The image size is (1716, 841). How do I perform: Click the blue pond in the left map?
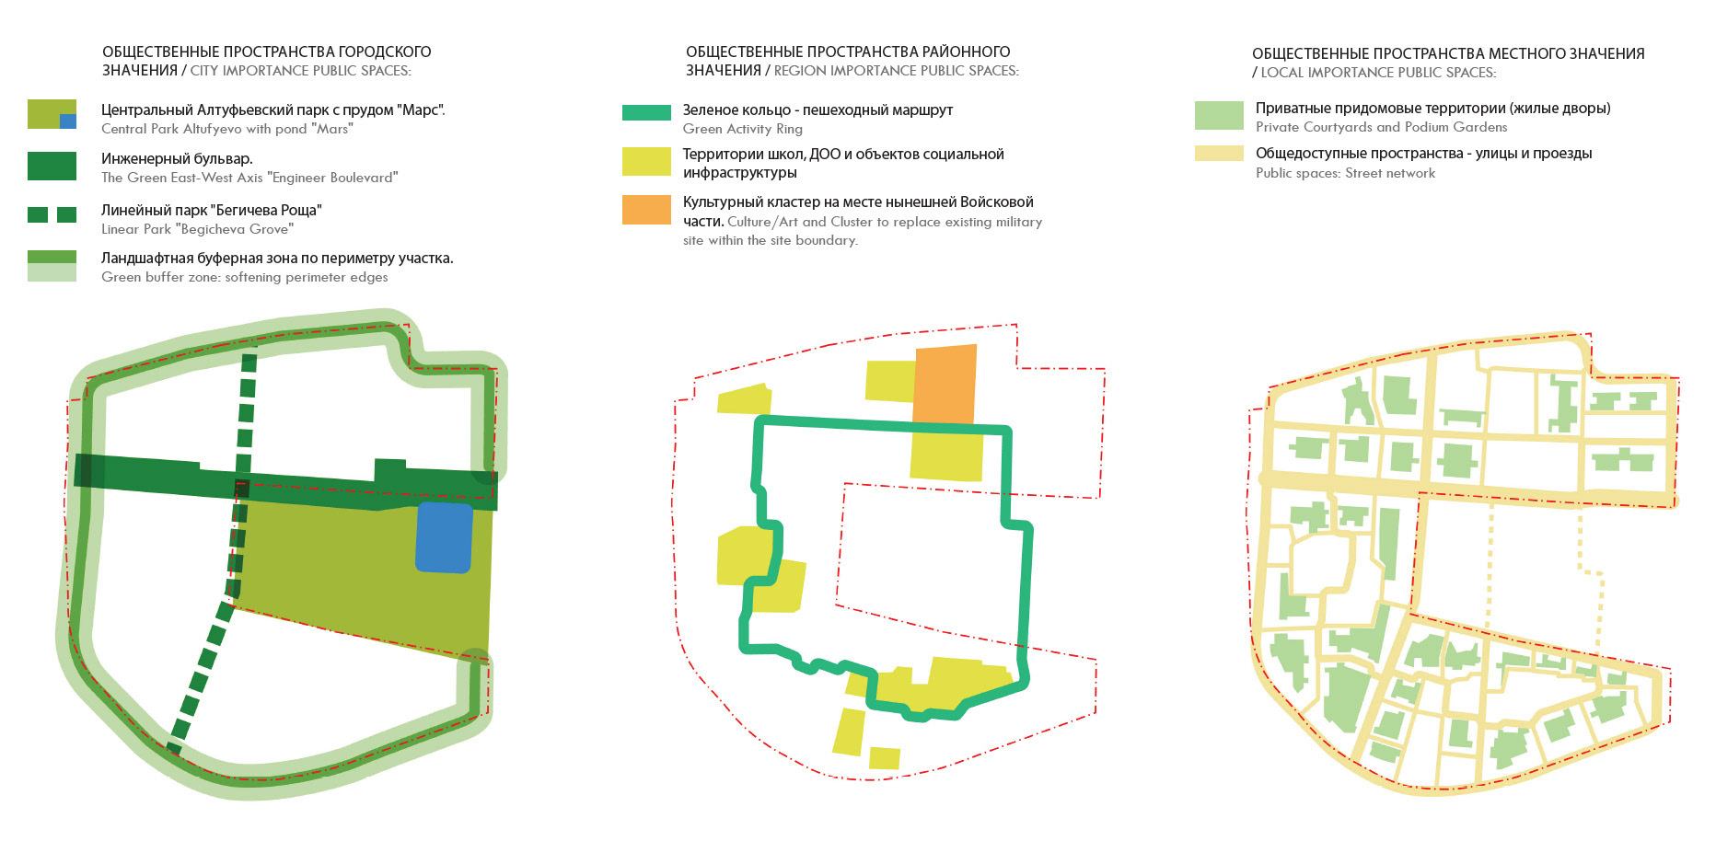[x=444, y=537]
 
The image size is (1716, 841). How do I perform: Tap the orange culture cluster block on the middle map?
[x=945, y=384]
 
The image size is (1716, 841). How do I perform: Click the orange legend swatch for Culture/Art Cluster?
[x=646, y=210]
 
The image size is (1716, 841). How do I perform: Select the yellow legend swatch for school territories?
[x=646, y=162]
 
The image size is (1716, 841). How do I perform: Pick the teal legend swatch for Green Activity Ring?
[x=646, y=112]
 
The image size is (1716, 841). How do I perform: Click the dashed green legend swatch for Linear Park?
[x=52, y=214]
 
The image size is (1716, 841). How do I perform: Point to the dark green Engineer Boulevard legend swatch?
[x=52, y=166]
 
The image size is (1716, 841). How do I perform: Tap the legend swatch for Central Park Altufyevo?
[x=52, y=114]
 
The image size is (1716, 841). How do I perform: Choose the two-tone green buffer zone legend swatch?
[x=52, y=265]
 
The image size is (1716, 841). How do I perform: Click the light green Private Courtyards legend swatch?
[x=1219, y=115]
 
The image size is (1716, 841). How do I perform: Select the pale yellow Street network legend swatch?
[x=1219, y=154]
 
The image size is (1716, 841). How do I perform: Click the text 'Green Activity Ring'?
[x=742, y=129]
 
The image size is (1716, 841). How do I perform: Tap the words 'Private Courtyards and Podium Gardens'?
[x=1381, y=127]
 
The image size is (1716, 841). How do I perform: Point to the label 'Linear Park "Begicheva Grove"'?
[x=197, y=229]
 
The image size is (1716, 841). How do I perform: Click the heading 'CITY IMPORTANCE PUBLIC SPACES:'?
[x=300, y=71]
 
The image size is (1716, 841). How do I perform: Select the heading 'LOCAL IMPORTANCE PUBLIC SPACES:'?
[x=1378, y=73]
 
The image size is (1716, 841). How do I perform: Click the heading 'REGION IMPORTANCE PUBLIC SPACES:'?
[x=896, y=71]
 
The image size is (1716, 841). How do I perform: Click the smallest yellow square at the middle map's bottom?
[x=884, y=757]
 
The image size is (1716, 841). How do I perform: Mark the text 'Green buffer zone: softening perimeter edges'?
[x=244, y=277]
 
